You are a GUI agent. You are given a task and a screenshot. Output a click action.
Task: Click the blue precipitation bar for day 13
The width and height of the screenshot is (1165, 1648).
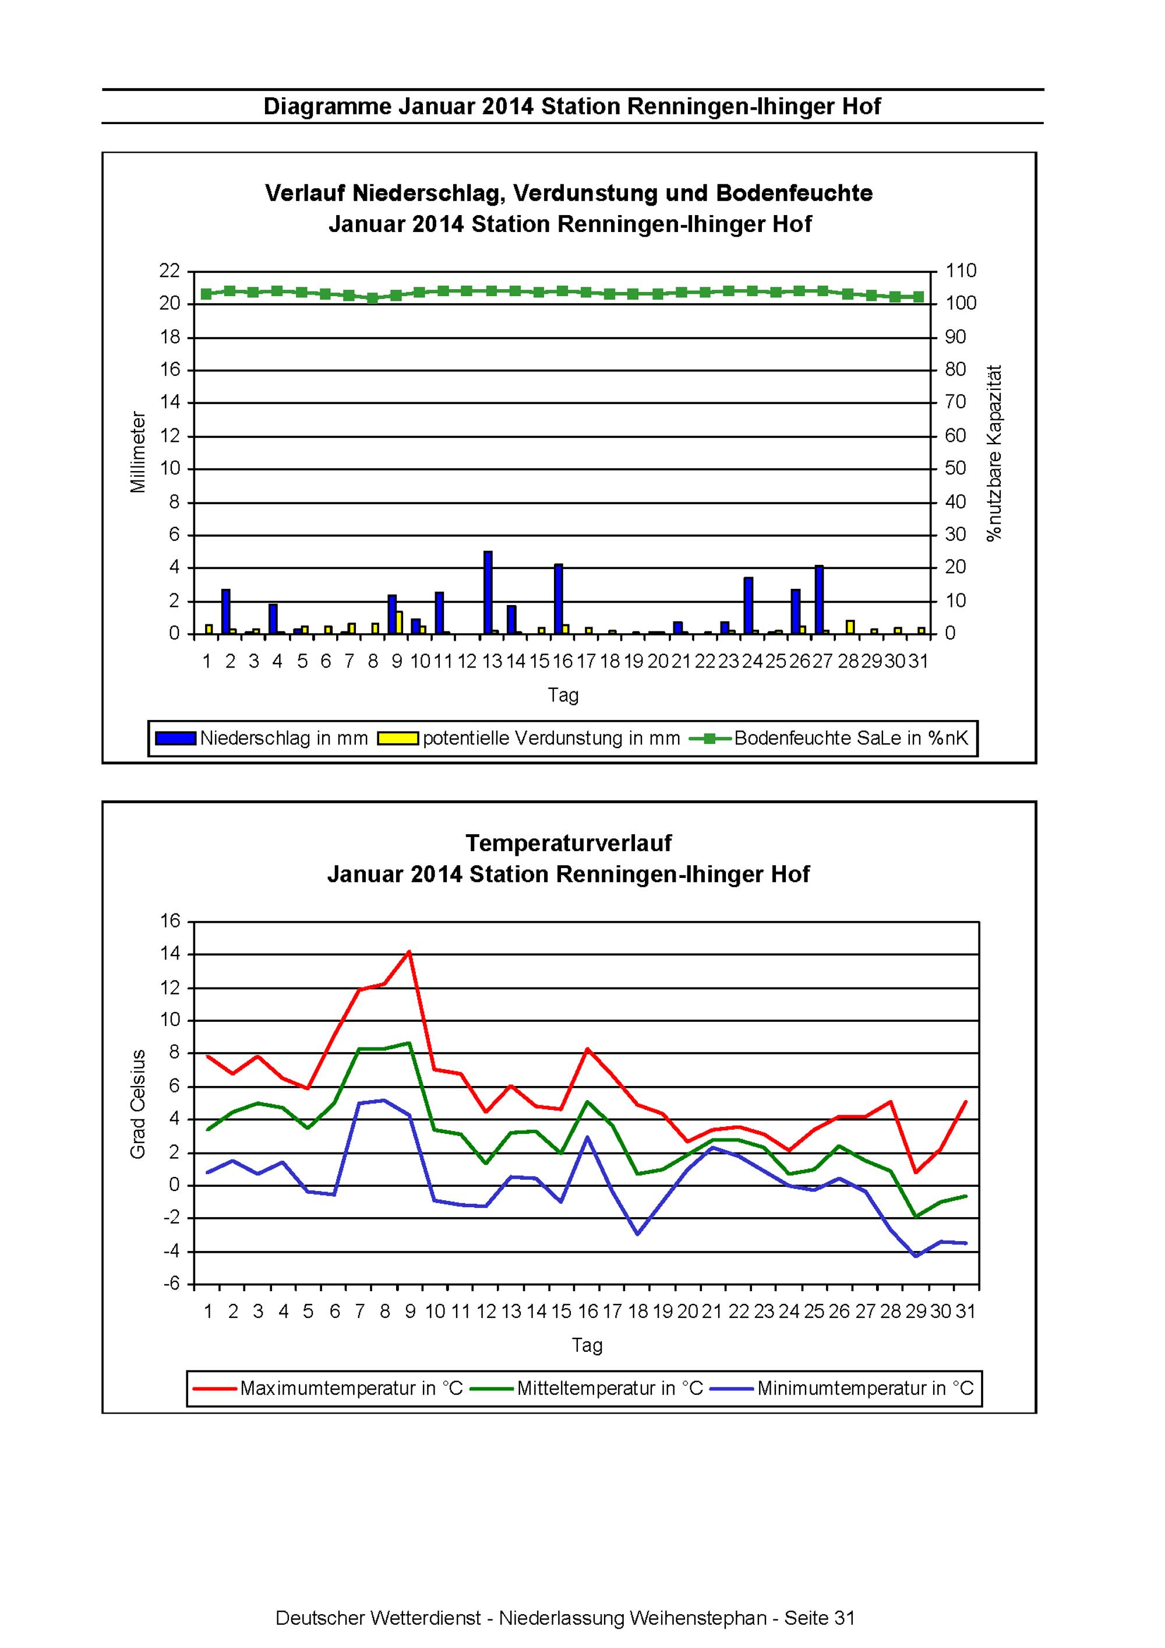[x=488, y=592]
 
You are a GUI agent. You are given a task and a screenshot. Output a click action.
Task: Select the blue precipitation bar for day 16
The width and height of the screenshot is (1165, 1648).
[x=558, y=599]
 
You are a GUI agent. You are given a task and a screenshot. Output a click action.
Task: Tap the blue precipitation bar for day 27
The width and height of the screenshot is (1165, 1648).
[x=819, y=599]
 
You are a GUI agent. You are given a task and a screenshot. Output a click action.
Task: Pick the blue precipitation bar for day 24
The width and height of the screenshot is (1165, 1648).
[x=748, y=605]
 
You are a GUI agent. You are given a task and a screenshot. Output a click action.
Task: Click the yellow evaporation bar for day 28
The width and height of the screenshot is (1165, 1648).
[x=850, y=627]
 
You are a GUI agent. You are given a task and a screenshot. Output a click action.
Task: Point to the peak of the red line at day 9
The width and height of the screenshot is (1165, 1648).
[x=409, y=952]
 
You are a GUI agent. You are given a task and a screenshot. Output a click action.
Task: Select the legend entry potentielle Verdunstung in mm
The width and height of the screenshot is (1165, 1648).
[x=529, y=738]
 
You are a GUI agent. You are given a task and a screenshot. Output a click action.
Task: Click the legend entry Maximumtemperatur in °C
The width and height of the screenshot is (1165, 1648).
[x=328, y=1388]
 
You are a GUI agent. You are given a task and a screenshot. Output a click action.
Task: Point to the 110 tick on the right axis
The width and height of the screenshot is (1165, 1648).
[x=961, y=270]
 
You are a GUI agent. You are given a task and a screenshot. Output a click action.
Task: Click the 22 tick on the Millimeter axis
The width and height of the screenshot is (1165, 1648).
[x=170, y=270]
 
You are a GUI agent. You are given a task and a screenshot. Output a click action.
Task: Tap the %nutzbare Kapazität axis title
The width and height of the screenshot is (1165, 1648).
[x=994, y=453]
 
